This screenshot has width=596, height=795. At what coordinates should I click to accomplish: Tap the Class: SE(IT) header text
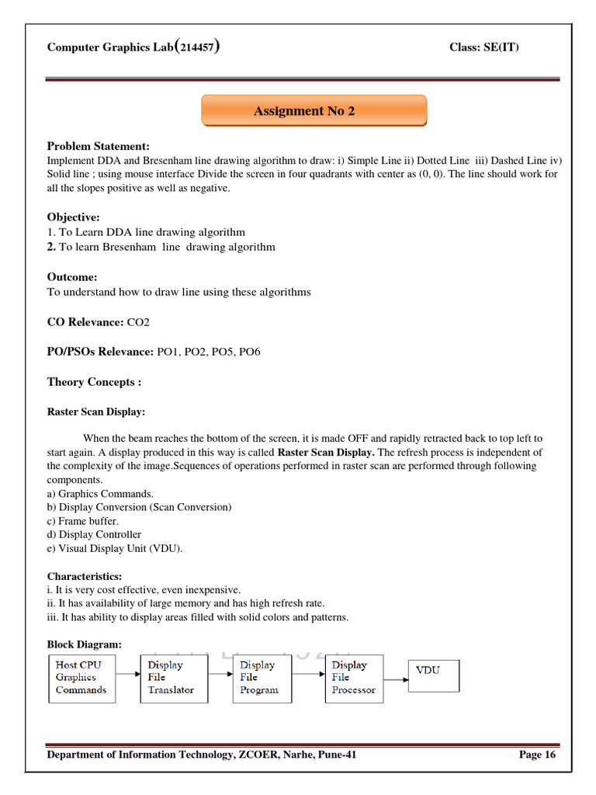484,48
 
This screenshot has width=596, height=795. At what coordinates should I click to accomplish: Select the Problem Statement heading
98,146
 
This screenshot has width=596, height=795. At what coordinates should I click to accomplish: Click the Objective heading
74,217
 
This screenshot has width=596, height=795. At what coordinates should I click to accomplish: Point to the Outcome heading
72,277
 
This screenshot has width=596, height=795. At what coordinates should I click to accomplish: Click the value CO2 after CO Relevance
141,321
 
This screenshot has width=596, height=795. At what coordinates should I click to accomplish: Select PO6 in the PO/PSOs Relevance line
250,352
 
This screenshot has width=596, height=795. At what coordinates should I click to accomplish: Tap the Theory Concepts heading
94,382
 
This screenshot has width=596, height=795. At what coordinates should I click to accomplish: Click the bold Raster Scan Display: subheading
96,412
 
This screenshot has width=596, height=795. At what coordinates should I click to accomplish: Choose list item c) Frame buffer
83,521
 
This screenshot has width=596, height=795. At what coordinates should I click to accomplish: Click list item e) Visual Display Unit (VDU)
115,548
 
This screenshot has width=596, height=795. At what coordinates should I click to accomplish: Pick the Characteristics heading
85,576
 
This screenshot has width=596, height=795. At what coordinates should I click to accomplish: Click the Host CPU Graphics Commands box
81,678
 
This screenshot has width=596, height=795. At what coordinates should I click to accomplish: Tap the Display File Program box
264,678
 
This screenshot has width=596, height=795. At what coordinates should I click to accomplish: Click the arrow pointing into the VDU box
396,679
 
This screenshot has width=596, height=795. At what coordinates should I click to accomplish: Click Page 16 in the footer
537,755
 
